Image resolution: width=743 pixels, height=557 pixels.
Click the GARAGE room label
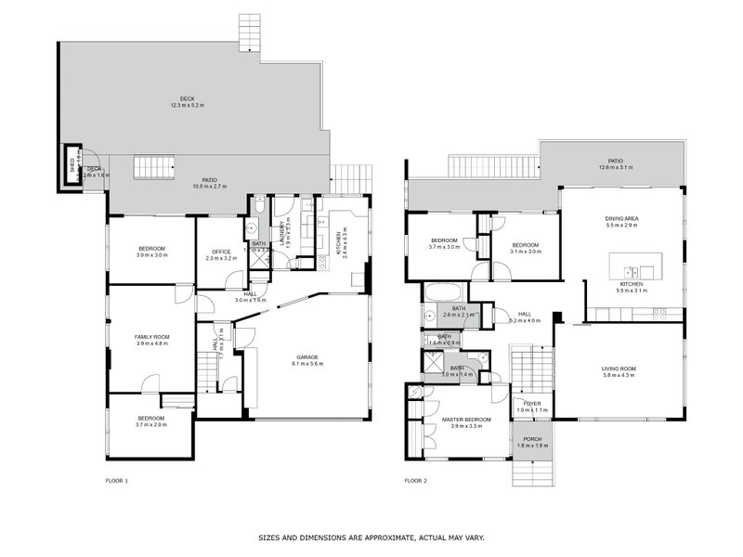click(307, 357)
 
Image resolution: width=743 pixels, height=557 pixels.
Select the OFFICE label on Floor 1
click(221, 252)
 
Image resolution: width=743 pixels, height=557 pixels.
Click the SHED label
click(71, 167)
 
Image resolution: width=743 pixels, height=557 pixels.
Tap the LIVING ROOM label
click(618, 368)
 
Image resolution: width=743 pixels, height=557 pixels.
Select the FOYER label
click(531, 404)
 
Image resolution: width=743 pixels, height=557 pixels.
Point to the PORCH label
click(532, 439)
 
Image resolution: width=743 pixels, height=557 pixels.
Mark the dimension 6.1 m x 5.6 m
click(307, 364)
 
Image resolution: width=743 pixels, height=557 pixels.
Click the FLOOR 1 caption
click(117, 481)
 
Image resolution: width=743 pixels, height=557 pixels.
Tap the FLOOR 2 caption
click(415, 481)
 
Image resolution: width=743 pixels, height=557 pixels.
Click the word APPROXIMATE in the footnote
click(377, 538)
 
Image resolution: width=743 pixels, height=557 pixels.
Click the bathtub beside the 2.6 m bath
click(444, 291)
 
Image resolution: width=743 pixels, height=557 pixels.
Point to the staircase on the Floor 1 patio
click(154, 168)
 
